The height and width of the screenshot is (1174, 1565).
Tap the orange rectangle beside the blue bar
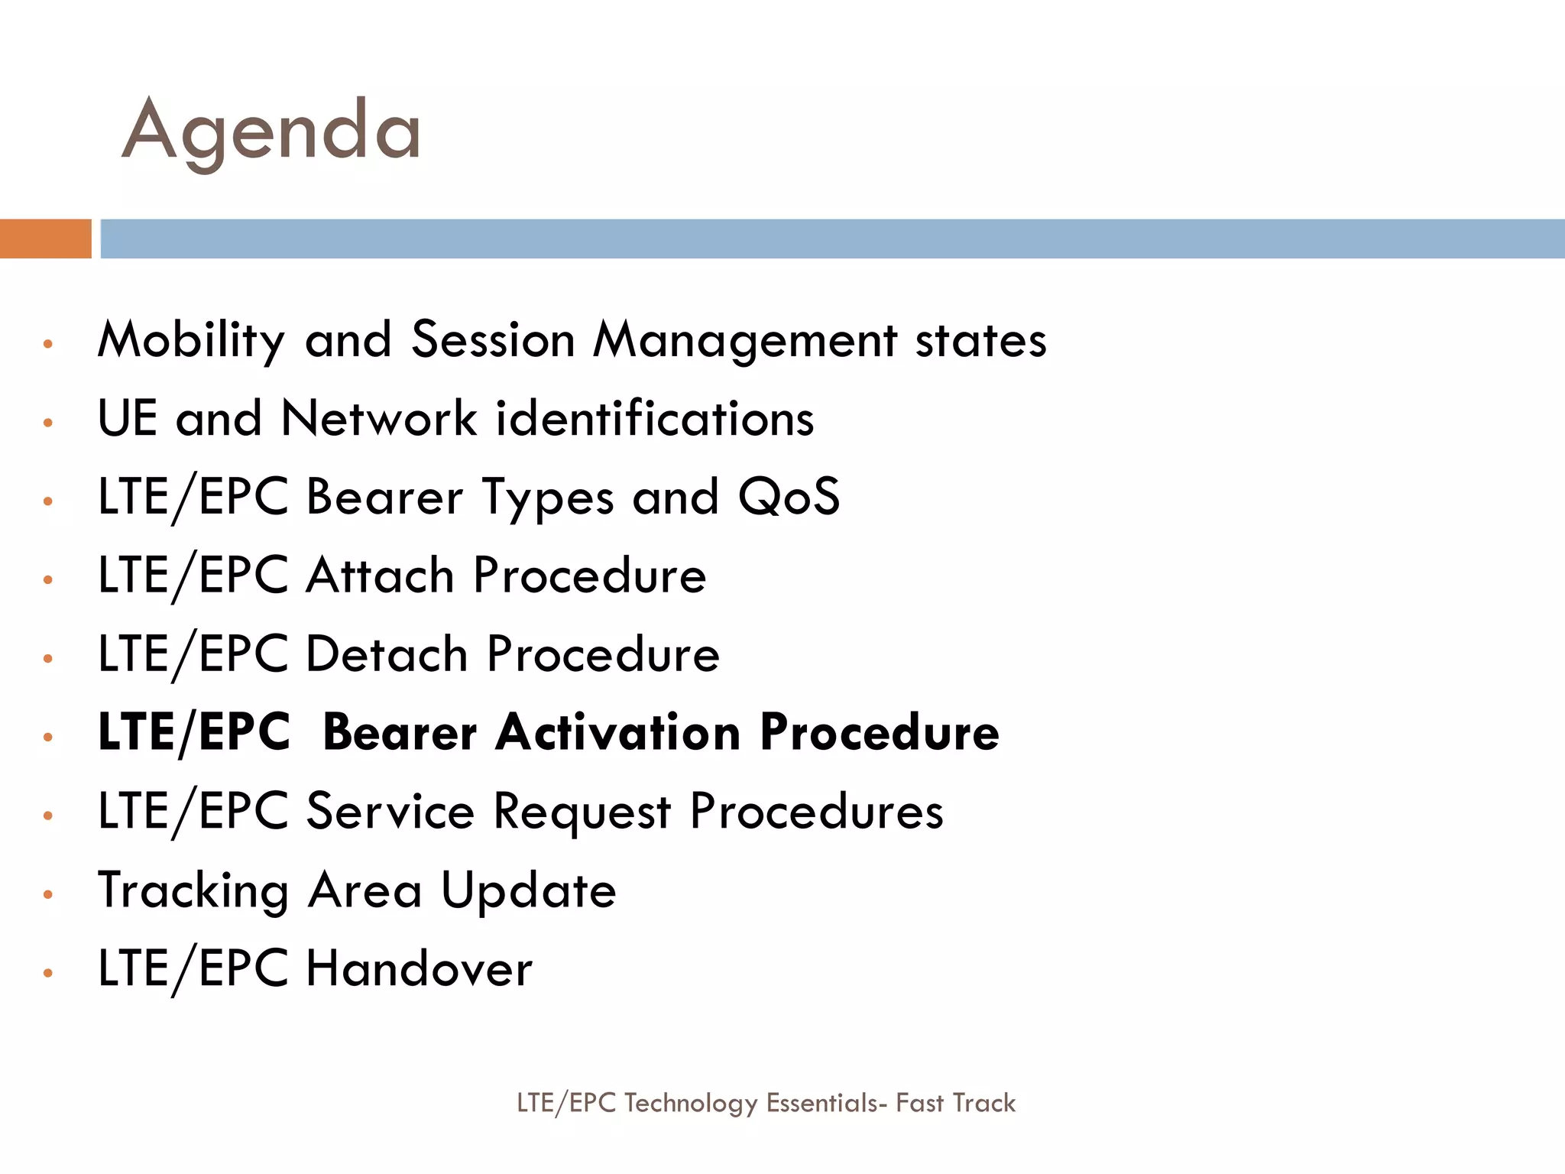(45, 238)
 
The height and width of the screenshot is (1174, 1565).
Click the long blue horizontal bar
(831, 238)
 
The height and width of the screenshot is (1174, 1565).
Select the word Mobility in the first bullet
(191, 340)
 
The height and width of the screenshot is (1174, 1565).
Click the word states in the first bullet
(980, 340)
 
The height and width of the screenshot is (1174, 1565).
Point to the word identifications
(655, 419)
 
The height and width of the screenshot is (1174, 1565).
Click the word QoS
(789, 498)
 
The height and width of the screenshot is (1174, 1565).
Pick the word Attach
(380, 576)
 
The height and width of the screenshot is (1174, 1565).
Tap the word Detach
(387, 654)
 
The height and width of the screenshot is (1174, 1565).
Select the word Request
(582, 812)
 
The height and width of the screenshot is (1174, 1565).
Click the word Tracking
(193, 891)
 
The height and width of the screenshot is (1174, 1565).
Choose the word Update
(529, 891)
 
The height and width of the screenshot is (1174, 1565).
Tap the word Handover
(419, 969)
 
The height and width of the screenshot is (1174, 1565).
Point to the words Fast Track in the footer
(955, 1103)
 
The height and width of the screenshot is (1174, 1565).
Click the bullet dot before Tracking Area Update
(48, 894)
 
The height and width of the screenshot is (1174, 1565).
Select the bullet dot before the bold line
(48, 737)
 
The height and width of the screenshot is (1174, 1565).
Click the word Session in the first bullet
(493, 340)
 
